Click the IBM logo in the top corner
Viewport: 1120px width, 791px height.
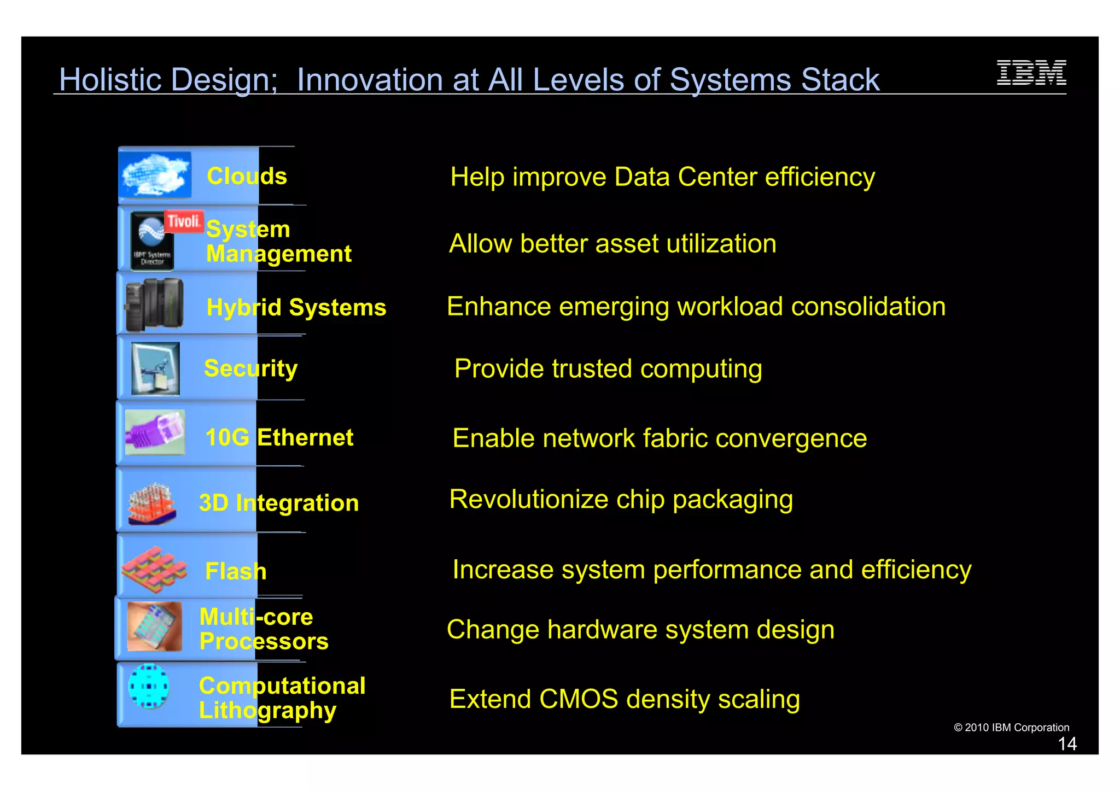click(x=1031, y=73)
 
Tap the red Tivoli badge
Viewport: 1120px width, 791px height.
click(x=184, y=221)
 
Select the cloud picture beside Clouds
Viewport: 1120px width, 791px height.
click(x=155, y=175)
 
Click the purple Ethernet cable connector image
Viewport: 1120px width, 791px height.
click(x=155, y=432)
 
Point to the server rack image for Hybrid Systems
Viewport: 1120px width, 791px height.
click(x=154, y=305)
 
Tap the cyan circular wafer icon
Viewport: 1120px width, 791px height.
click(x=149, y=687)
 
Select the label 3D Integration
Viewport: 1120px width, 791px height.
click(x=279, y=503)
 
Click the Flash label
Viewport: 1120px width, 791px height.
click(x=236, y=571)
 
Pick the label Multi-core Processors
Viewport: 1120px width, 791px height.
click(x=264, y=629)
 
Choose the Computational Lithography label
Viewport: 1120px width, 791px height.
click(x=281, y=698)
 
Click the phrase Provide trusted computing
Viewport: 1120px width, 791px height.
click(x=608, y=369)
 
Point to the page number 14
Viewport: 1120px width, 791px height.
click(x=1067, y=744)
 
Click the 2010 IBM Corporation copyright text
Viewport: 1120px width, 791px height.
click(x=1011, y=728)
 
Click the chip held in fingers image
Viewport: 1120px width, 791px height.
click(x=154, y=626)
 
